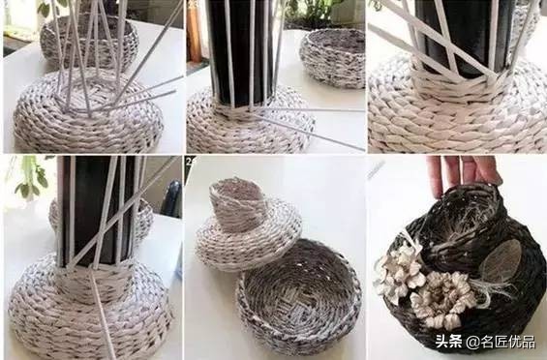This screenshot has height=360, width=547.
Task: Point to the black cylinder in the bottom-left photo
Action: click(96, 208)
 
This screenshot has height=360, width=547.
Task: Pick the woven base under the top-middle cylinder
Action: click(248, 126)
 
